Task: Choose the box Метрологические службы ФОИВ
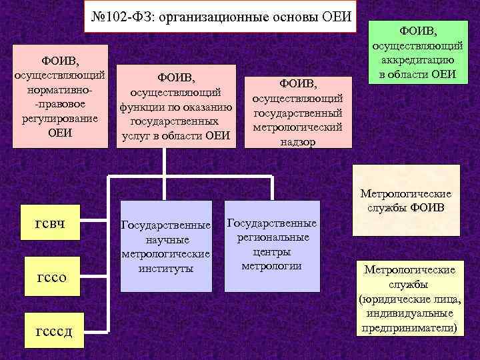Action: tap(406, 200)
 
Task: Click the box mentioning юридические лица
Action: tap(409, 298)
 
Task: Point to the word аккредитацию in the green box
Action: tap(418, 60)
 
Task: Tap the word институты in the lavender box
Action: tap(167, 268)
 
